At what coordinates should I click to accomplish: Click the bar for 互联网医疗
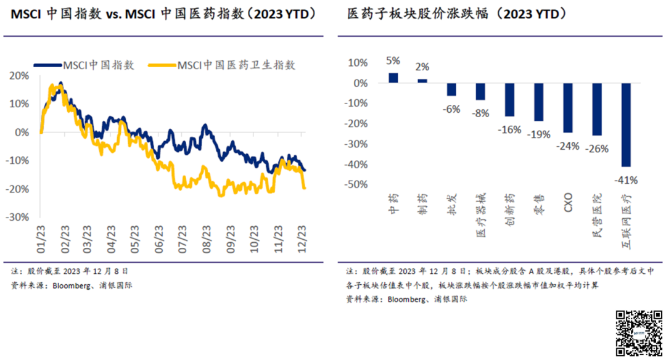(625, 125)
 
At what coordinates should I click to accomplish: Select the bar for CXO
(567, 108)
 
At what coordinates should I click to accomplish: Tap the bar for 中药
(393, 78)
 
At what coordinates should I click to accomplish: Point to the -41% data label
(625, 181)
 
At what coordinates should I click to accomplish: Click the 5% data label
(393, 60)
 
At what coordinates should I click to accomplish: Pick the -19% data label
(538, 134)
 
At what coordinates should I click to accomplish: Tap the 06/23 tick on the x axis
(159, 237)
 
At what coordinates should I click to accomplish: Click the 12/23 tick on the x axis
(303, 237)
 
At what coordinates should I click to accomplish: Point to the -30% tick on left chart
(18, 217)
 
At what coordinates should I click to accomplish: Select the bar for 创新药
(509, 100)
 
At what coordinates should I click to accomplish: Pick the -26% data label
(596, 149)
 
